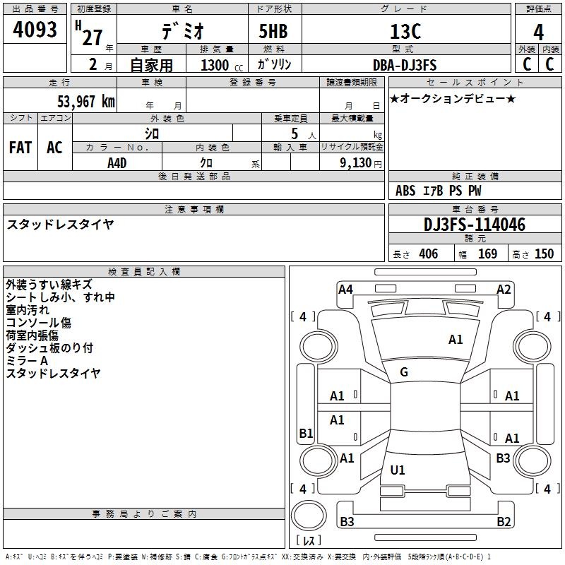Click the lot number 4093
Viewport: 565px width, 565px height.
[x=35, y=29]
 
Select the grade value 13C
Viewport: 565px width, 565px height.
[x=405, y=31]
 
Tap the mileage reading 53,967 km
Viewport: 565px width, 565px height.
[x=86, y=101]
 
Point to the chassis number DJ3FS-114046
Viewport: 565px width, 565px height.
[x=475, y=225]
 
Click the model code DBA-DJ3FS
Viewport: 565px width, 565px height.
[x=405, y=65]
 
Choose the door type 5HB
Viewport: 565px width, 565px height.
[x=273, y=31]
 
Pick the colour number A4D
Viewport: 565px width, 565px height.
[x=117, y=163]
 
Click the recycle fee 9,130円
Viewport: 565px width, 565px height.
[x=361, y=163]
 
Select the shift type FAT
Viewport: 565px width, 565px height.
[x=20, y=147]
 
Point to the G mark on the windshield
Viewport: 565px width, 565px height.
[x=404, y=372]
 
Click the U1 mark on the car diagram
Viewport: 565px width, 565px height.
[x=398, y=470]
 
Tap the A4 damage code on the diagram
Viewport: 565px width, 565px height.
[x=345, y=290]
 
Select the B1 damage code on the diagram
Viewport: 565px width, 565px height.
[x=306, y=433]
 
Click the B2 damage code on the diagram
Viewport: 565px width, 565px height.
[x=504, y=521]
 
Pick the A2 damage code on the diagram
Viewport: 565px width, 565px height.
[x=504, y=290]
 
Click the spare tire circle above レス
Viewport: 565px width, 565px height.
[x=309, y=516]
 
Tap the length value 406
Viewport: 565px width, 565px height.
[x=429, y=254]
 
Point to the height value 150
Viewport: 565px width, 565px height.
[x=544, y=254]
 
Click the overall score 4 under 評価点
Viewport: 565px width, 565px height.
[x=538, y=32]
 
